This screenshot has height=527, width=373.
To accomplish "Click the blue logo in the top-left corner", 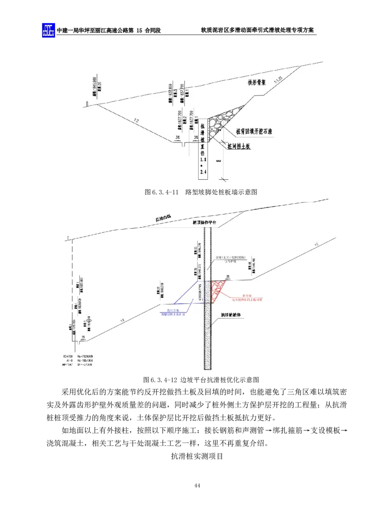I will [x=48, y=30].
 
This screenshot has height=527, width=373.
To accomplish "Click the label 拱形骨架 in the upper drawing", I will [x=257, y=83].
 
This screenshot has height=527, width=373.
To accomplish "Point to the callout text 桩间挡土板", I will [x=239, y=146].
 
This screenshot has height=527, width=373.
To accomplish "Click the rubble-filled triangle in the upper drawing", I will [x=223, y=122].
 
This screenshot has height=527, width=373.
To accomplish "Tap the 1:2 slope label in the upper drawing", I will [x=136, y=122].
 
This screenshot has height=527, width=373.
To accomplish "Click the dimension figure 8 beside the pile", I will [x=218, y=161].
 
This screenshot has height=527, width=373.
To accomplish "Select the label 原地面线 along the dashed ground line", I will [x=164, y=218].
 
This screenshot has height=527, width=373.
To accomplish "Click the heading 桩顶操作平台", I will [x=205, y=223].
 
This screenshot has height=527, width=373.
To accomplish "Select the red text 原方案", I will [x=248, y=295].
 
